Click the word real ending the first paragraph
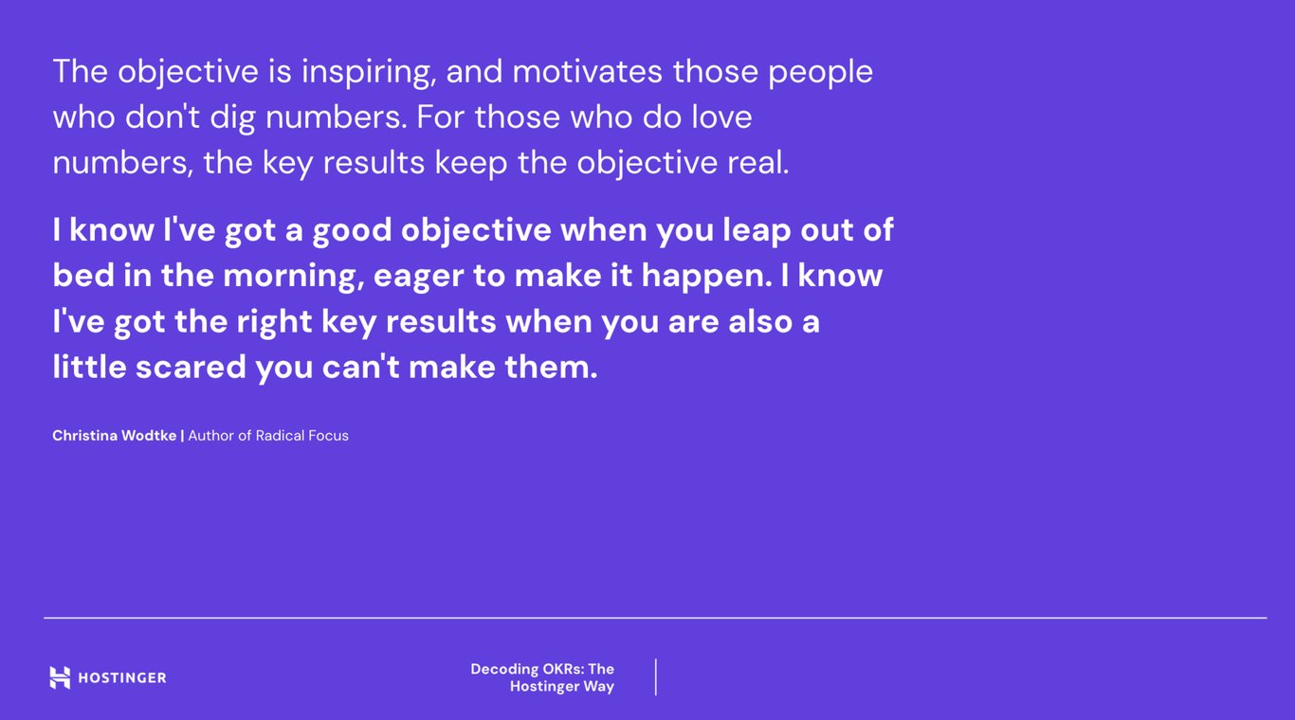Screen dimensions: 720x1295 (x=757, y=163)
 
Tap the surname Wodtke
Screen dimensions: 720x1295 (x=147, y=436)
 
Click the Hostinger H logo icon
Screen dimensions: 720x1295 (x=60, y=677)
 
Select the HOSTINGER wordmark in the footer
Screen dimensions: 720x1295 (x=121, y=677)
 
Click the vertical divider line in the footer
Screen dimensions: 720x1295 (x=655, y=677)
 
